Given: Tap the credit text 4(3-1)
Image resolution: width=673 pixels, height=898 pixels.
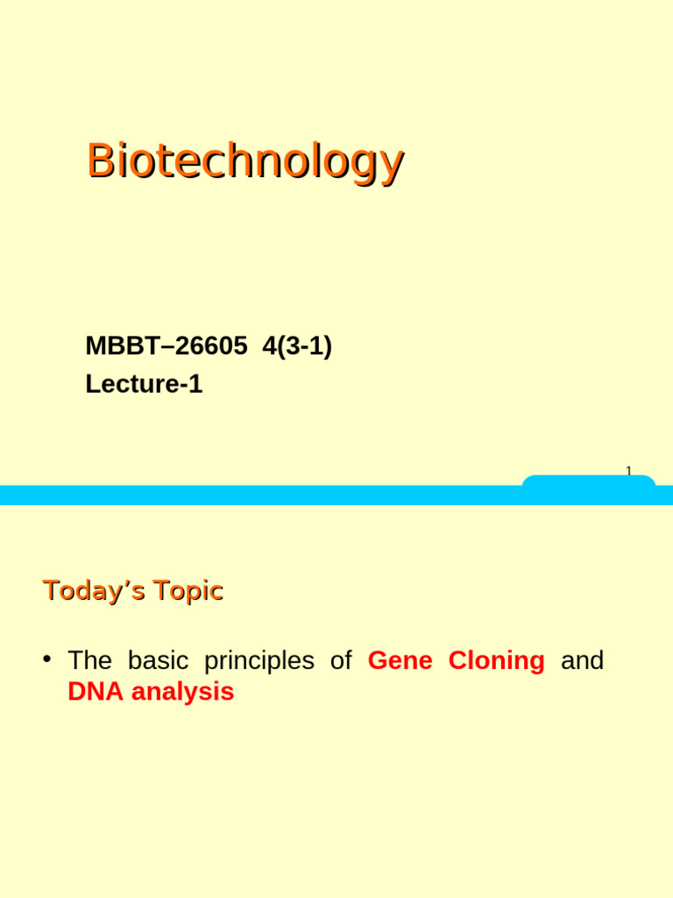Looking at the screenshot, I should tap(297, 346).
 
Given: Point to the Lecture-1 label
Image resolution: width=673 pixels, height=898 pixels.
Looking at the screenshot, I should tap(144, 384).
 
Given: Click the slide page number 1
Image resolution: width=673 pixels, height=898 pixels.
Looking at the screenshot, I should tap(628, 472).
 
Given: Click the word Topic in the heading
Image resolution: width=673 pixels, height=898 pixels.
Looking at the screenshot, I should tap(188, 590).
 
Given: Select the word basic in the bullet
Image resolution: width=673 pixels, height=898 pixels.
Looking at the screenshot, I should tap(158, 660).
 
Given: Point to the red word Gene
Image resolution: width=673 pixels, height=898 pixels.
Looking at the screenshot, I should tap(400, 660).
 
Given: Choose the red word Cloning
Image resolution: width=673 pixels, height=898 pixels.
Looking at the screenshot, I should tap(496, 660).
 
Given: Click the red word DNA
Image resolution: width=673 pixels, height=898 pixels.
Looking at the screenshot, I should tap(94, 692).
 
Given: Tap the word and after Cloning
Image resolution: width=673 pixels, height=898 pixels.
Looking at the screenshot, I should tap(582, 660).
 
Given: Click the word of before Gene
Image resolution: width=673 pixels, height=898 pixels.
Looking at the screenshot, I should tap(341, 660).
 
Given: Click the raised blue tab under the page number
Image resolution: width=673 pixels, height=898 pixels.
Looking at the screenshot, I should tap(589, 481).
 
